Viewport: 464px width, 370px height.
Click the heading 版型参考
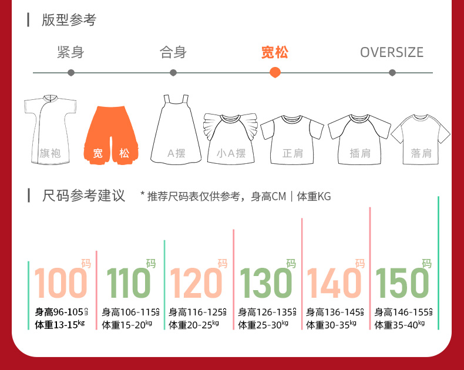click(x=69, y=20)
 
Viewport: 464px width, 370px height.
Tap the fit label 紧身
click(x=70, y=52)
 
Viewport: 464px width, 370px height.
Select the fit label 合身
click(x=173, y=52)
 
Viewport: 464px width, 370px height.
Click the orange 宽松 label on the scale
click(x=275, y=52)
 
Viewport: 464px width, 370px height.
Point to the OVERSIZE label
click(x=392, y=52)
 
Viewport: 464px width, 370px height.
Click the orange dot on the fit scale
click(x=275, y=72)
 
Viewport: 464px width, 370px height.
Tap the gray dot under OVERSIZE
click(x=392, y=73)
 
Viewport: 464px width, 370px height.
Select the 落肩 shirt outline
click(x=421, y=139)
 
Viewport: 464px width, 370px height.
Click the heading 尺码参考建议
click(x=84, y=196)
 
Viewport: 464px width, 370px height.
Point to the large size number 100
click(x=60, y=282)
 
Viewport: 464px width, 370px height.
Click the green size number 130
click(x=266, y=282)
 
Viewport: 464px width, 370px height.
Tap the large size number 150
click(x=402, y=282)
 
